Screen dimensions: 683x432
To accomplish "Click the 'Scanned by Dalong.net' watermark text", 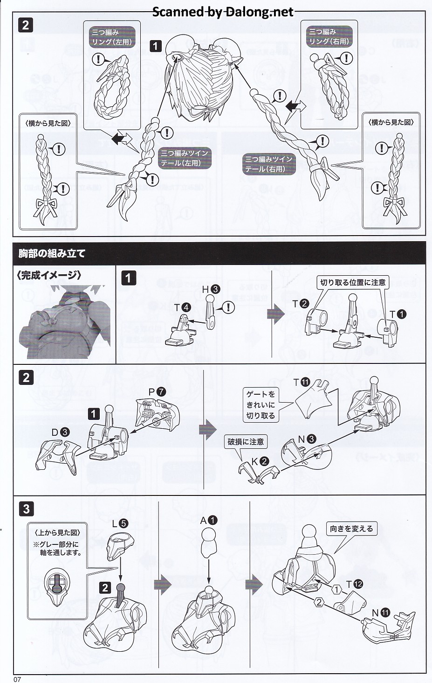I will pos(223,12).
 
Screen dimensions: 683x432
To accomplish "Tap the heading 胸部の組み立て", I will pos(52,253).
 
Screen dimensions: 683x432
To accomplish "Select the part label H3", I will pos(211,289).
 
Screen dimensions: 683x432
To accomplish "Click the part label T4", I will pos(182,307).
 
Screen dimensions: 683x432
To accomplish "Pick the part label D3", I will pos(60,432).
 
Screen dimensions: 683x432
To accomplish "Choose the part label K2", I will pos(260,461).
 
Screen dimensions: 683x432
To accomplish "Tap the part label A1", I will pos(209,520).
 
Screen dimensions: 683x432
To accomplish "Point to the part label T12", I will pos(355,584).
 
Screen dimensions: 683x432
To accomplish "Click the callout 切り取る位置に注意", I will pos(353,282).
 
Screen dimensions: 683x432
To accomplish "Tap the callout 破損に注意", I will pos(246,441).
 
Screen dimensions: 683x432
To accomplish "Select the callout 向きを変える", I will pos(351,529).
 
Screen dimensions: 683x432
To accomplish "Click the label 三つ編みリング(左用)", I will pos(112,37).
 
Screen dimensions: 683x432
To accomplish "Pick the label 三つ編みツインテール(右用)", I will pos(269,164).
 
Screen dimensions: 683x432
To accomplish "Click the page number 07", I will pos(17,679).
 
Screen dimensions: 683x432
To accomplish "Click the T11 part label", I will pos(302,383).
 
